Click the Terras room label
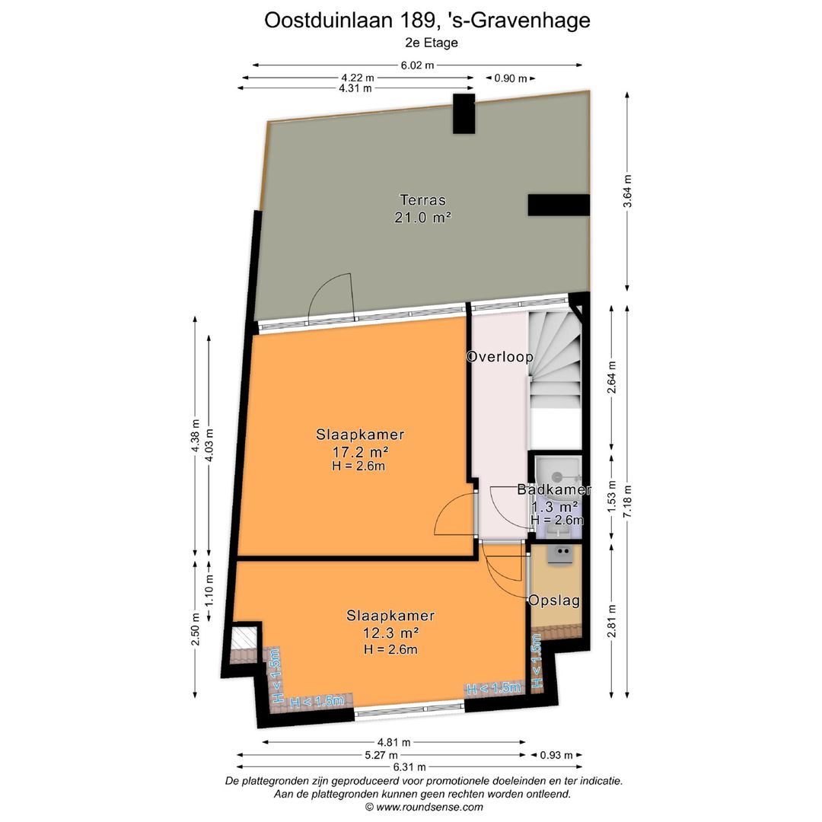[422, 200]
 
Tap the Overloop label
[499, 356]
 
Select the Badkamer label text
[553, 490]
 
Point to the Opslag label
[555, 601]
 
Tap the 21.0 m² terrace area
[422, 217]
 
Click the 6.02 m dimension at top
[417, 65]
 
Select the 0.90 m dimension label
[510, 78]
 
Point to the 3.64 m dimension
[627, 192]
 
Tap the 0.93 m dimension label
[556, 755]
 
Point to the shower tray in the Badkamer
[557, 476]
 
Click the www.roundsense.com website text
[424, 808]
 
